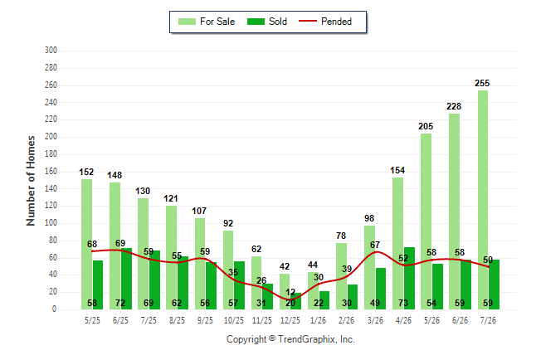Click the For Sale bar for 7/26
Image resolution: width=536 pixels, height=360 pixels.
483,200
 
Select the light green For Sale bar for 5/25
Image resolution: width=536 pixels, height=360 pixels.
86,245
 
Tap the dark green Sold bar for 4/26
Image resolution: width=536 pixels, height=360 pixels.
409,278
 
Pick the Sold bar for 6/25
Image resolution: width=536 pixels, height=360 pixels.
126,279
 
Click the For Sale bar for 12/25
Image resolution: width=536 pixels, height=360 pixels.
285,292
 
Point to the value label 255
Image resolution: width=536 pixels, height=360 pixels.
482,83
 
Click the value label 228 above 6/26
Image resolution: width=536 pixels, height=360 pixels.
454,106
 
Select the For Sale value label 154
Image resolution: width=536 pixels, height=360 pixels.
397,170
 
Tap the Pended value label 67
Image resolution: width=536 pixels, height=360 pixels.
375,245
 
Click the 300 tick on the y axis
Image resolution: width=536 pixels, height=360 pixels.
51,51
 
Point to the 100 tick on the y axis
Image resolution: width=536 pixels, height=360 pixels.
51,223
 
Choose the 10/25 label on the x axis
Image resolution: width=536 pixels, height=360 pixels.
234,320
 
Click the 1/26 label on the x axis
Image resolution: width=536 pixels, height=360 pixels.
319,320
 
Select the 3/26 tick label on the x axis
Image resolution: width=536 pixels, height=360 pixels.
375,320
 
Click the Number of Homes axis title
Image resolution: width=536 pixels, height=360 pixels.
31,181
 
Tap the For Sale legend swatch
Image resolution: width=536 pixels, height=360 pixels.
187,22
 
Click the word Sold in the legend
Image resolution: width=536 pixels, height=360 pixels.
278,22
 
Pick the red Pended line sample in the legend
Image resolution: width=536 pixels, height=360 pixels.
308,21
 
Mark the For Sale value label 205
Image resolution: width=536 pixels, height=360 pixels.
426,126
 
